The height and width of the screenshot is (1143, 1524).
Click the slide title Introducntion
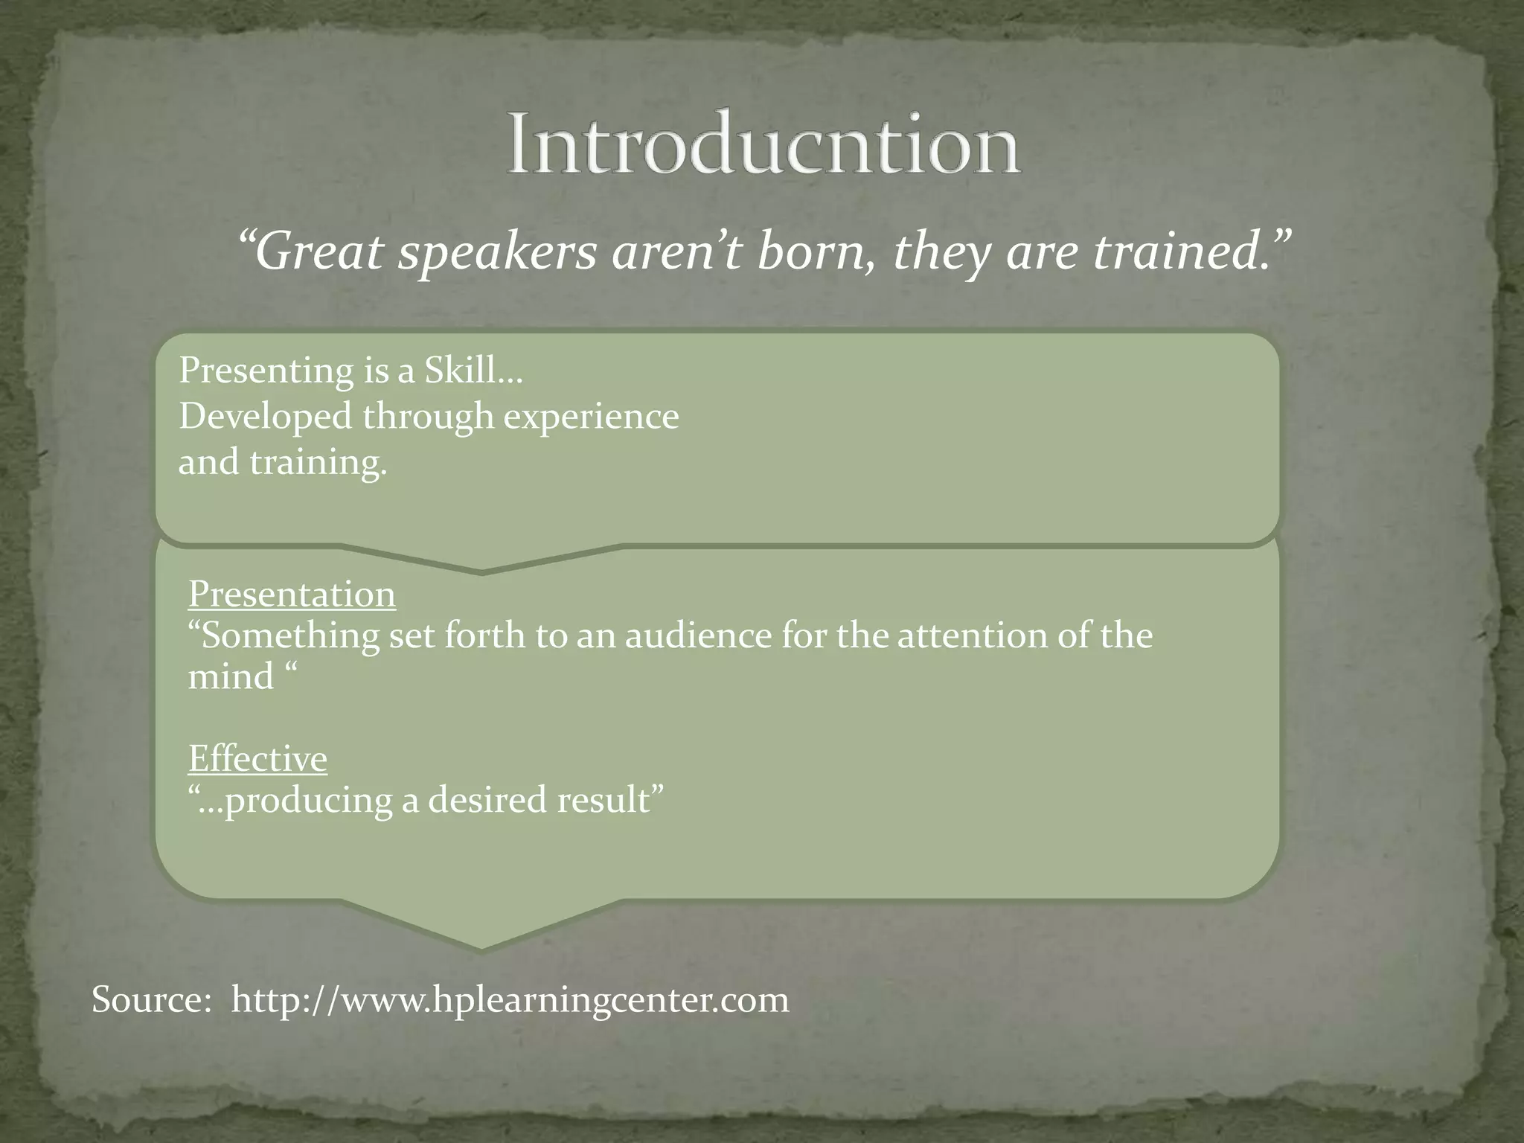pyautogui.click(x=763, y=144)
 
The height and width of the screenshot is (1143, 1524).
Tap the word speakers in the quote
pyautogui.click(x=497, y=253)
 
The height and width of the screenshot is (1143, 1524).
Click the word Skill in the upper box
pyautogui.click(x=460, y=370)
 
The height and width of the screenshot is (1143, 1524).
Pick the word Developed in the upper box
pyautogui.click(x=265, y=416)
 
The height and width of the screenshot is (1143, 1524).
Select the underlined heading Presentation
pyautogui.click(x=292, y=594)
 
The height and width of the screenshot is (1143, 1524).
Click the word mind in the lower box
pyautogui.click(x=231, y=677)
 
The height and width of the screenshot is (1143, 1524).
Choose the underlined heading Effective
pyautogui.click(x=257, y=759)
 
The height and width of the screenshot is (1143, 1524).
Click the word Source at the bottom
pyautogui.click(x=152, y=999)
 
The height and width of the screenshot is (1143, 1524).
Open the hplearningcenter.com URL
pyautogui.click(x=510, y=1000)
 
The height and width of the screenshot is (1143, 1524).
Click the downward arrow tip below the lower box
pyautogui.click(x=481, y=947)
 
